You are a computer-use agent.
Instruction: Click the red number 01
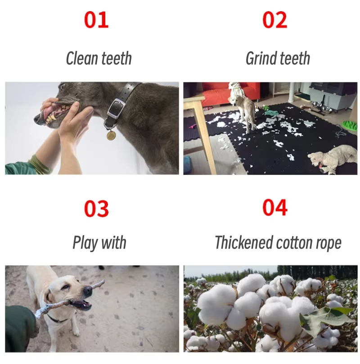click(96, 20)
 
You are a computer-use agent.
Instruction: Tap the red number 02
click(274, 20)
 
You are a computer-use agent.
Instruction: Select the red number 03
click(96, 209)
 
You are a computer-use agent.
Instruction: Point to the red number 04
click(274, 208)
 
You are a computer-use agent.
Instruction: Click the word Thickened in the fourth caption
click(243, 242)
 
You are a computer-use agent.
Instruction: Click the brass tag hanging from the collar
click(111, 135)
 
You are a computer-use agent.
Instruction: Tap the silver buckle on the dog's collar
click(116, 108)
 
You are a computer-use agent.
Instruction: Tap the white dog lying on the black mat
click(333, 159)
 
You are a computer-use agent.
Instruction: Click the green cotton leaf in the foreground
click(328, 317)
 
